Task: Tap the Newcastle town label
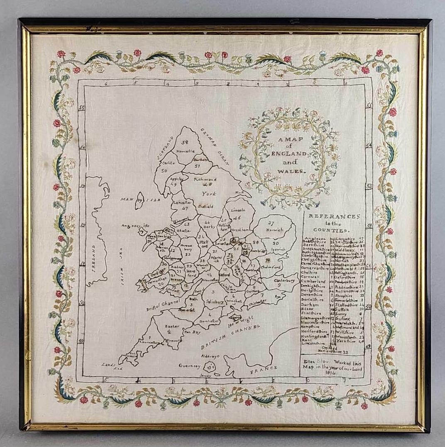[185, 152]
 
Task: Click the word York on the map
[209, 194]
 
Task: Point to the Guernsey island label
[189, 366]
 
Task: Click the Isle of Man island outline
[140, 201]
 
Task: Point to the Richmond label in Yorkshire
[205, 179]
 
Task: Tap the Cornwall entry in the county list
[313, 276]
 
